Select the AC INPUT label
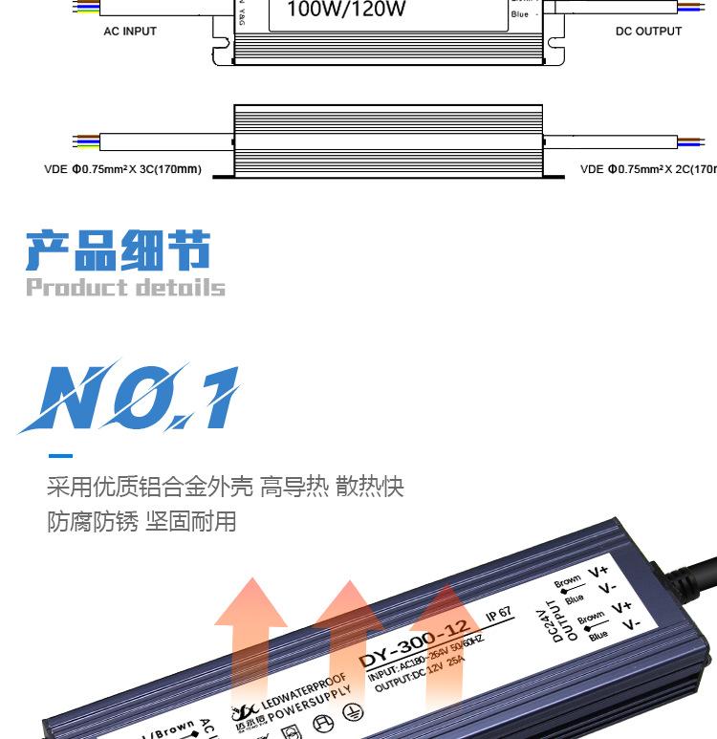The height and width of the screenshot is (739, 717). click(x=130, y=32)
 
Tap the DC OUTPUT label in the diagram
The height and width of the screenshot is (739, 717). click(x=648, y=32)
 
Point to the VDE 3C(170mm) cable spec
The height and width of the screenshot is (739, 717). click(x=122, y=170)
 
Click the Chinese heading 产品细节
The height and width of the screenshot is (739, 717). click(x=119, y=250)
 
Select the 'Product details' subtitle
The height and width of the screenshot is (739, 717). click(x=125, y=288)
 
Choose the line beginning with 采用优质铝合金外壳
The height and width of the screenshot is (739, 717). click(x=226, y=488)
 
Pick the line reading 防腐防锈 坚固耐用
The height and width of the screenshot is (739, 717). click(x=141, y=522)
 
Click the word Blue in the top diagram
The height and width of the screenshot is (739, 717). click(x=520, y=14)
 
